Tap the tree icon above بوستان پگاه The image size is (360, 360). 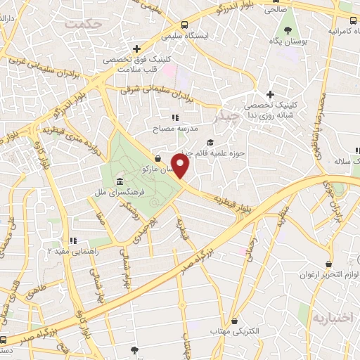288,30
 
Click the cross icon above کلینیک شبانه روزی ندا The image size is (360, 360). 270,94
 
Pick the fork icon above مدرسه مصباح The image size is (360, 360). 175,117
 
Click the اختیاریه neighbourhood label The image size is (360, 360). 330,317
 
